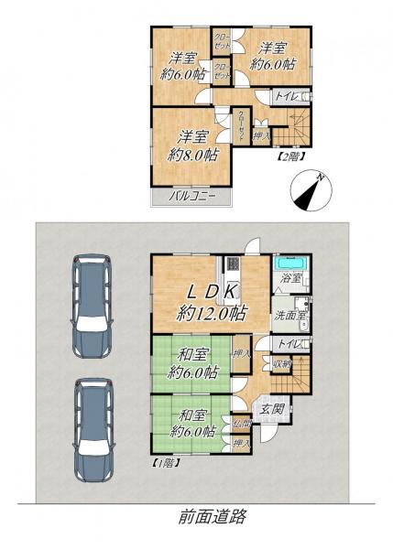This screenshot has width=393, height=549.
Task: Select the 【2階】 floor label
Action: pos(289,156)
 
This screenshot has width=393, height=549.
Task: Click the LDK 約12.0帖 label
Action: pos(211,301)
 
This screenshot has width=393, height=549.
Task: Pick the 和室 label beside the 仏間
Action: pos(192,422)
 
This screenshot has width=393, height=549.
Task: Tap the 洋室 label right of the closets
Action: pos(272,57)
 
